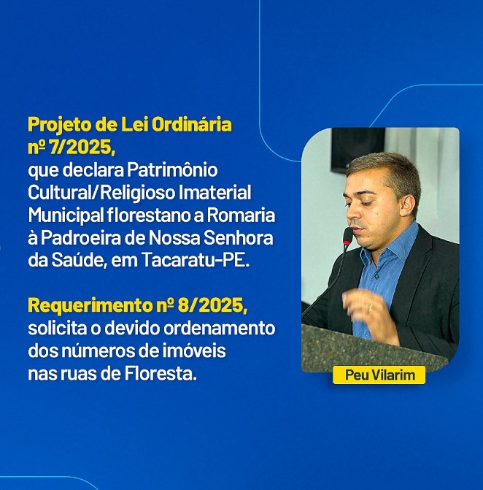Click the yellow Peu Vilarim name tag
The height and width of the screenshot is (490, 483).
[379, 375]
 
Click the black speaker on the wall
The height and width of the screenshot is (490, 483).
[358, 149]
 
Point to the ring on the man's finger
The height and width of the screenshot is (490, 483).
[371, 307]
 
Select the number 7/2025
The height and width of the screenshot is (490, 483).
[82, 148]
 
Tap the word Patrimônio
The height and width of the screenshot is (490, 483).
[172, 171]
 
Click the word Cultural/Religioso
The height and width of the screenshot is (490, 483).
[101, 193]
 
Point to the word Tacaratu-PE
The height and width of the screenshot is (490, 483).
[196, 260]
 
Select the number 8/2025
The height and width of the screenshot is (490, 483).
[212, 305]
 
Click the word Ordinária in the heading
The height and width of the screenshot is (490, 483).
[192, 125]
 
